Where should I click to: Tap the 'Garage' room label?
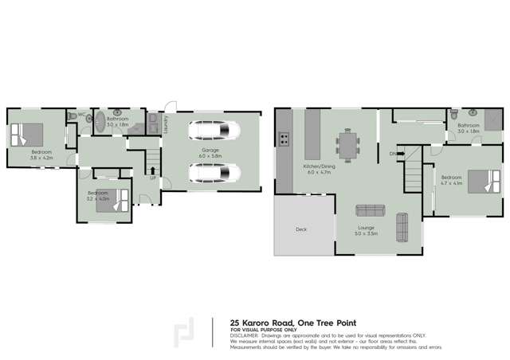pos(210,150)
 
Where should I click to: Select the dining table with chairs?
pos(348,145)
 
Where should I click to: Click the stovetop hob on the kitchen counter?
pos(283,140)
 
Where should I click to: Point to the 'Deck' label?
pos(301,229)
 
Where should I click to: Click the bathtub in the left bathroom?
pos(100,122)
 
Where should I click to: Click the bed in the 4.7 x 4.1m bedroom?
pos(481,182)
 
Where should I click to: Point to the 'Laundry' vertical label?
pos(166,125)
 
